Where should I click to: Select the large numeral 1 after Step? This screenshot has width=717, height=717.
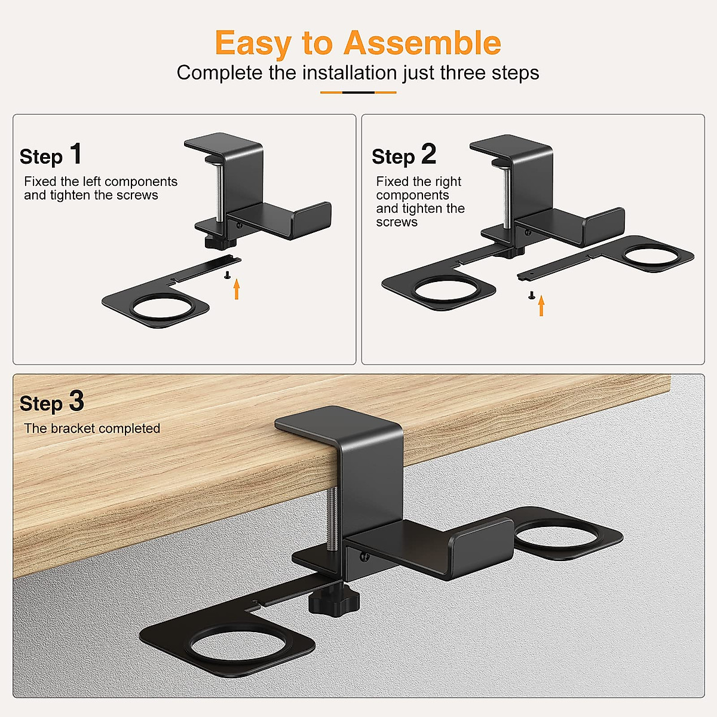pyautogui.click(x=76, y=154)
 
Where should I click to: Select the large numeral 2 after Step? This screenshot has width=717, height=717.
pyautogui.click(x=428, y=154)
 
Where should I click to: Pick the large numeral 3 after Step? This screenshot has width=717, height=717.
pyautogui.click(x=76, y=402)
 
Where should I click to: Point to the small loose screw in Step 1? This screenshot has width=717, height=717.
pyautogui.click(x=227, y=275)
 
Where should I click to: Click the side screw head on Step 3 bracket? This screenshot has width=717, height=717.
pyautogui.click(x=364, y=557)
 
